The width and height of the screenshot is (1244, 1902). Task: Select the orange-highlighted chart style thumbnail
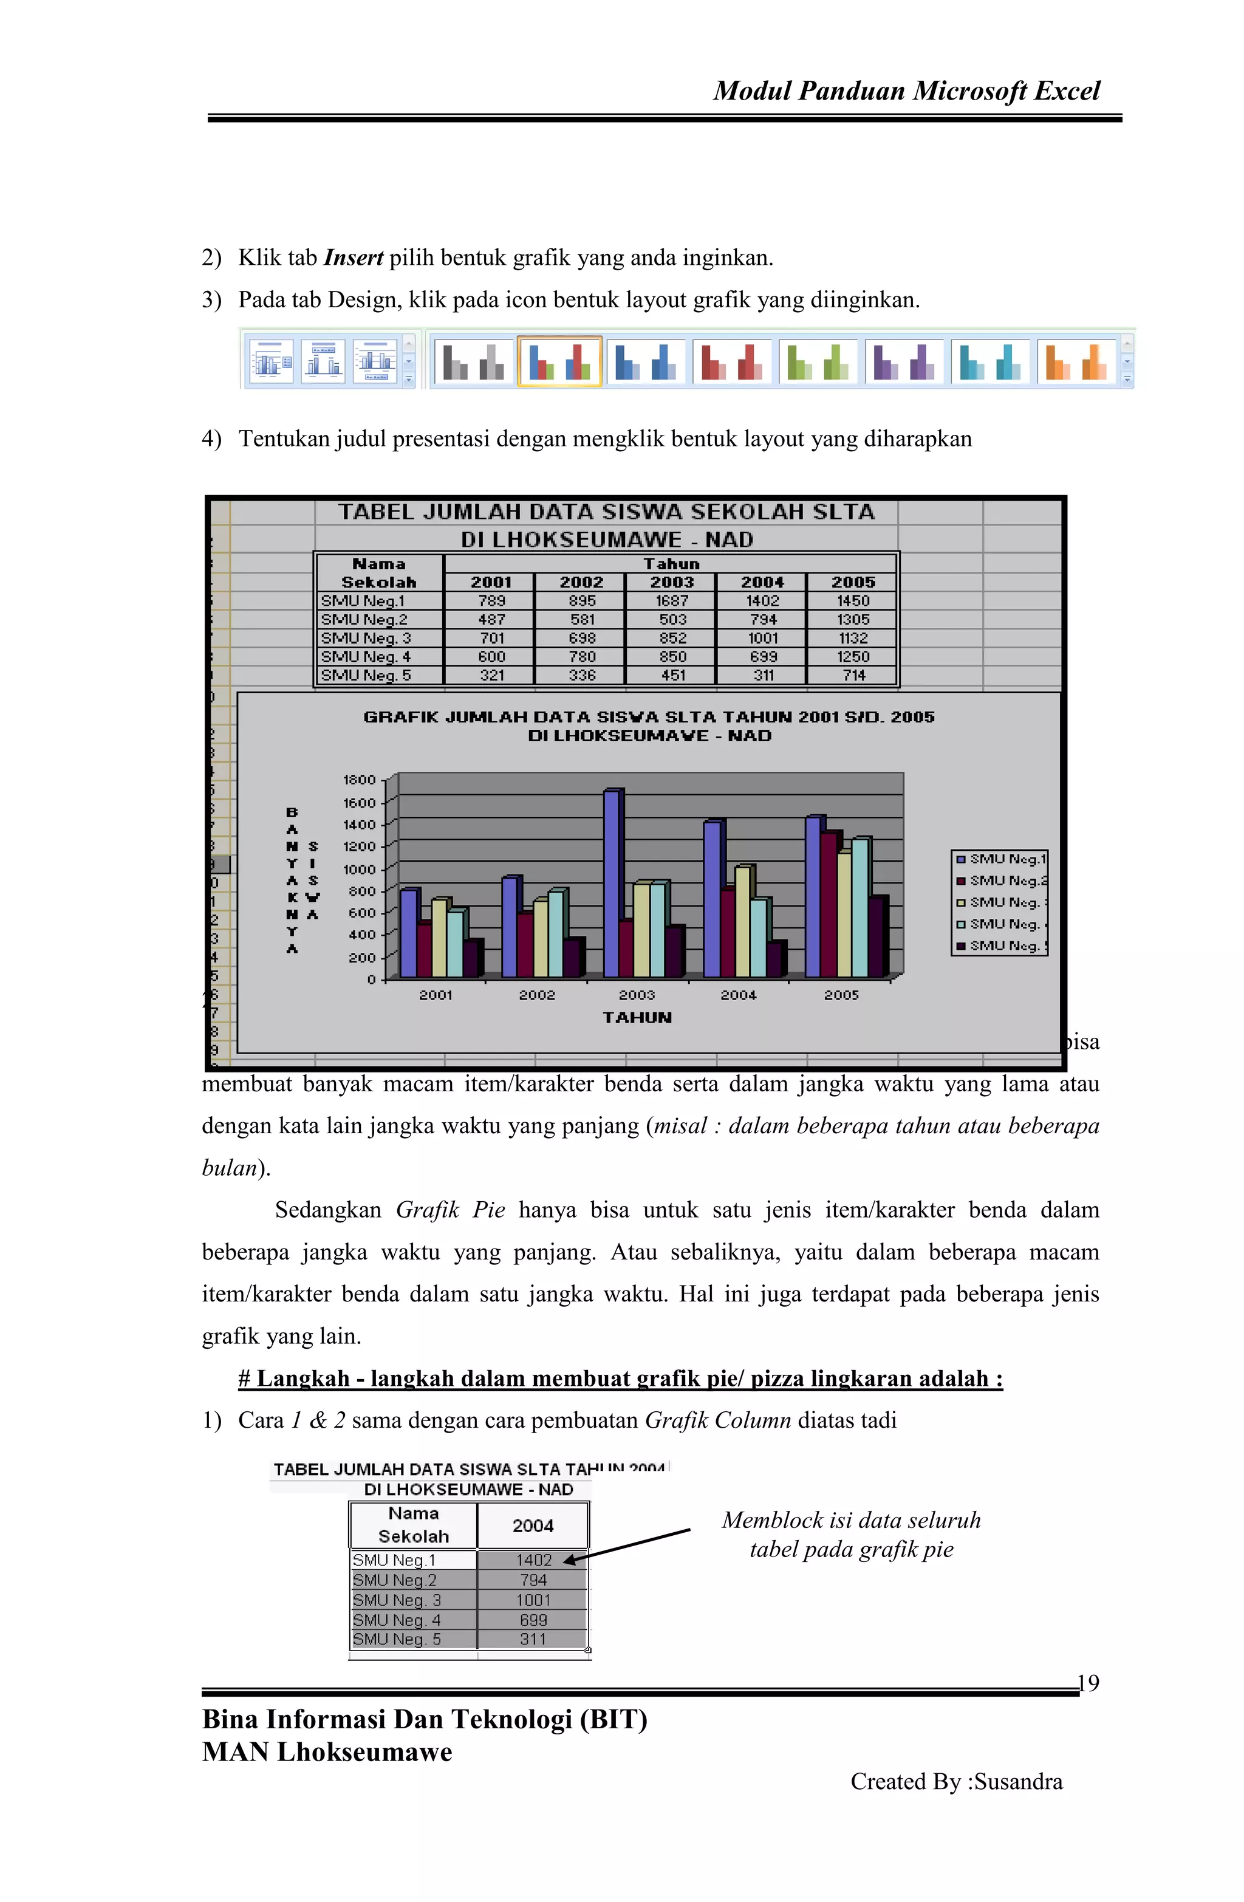coord(559,362)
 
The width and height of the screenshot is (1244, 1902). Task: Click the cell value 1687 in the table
coord(672,601)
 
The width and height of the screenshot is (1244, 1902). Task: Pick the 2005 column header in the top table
coord(852,582)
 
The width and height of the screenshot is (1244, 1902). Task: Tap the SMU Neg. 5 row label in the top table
coord(366,675)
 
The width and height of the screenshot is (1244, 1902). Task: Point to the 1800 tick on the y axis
coord(359,779)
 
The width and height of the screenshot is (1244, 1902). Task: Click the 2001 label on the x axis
coord(436,995)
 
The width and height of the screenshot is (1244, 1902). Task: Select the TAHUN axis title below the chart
coord(637,1017)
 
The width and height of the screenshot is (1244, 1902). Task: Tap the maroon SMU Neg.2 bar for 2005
coord(829,903)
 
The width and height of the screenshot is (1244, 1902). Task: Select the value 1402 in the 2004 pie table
coord(533,1560)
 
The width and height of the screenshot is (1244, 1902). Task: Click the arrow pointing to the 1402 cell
coord(627,1545)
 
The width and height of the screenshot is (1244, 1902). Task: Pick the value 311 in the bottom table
coord(533,1639)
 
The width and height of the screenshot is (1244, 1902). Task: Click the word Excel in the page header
coord(1067,91)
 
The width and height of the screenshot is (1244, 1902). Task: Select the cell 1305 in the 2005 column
coord(852,619)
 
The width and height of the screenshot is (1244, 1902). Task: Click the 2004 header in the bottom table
coord(533,1525)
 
